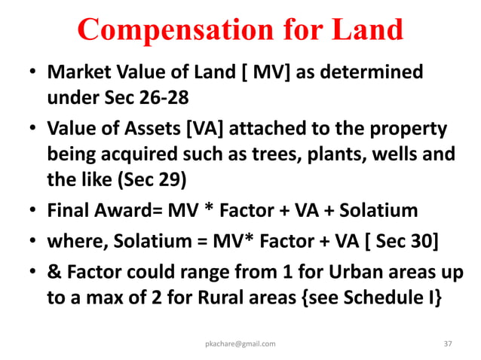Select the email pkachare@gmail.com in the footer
pos(240,343)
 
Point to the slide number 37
pos(449,343)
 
